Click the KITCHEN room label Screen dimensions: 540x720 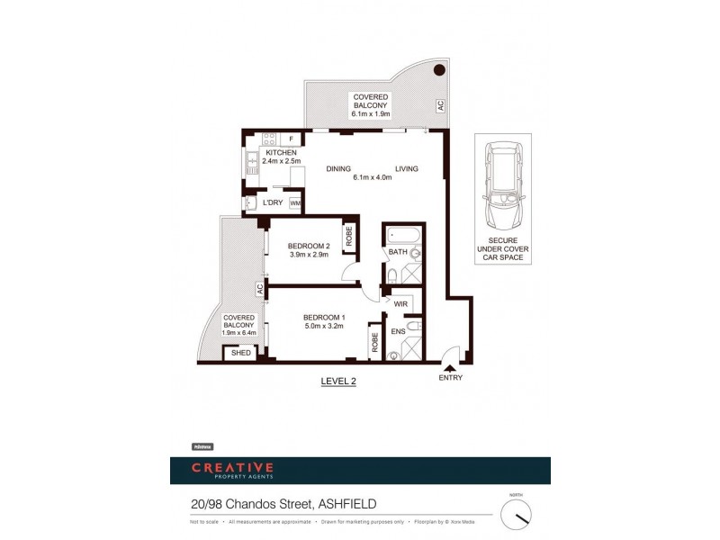point(281,154)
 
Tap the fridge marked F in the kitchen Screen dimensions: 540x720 point(291,139)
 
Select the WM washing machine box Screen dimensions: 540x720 point(294,204)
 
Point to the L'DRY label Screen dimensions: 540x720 point(274,202)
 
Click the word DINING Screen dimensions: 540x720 point(338,168)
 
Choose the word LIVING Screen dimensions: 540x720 point(406,168)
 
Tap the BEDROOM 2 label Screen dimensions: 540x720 point(308,246)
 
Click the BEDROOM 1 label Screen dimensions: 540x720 point(324,318)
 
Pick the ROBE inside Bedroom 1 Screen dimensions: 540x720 point(373,342)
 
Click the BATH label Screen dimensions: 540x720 point(399,253)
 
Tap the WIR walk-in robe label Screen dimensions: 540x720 point(400,304)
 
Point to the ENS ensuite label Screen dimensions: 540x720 point(399,332)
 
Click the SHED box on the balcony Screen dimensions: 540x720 point(240,353)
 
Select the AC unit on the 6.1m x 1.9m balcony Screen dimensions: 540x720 point(440,106)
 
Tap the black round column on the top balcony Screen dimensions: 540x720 point(438,70)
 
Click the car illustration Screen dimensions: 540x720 point(502,188)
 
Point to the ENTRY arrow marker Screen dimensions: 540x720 point(450,365)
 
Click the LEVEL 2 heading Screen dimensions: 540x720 point(338,382)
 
